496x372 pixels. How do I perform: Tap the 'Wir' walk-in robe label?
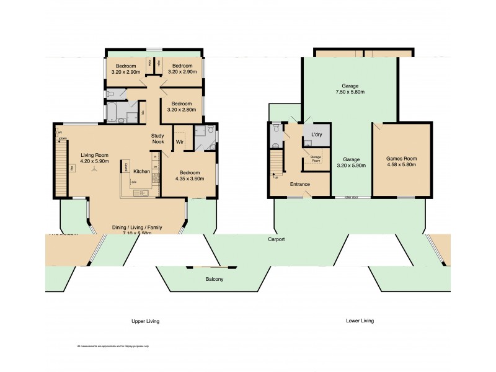tap(179, 142)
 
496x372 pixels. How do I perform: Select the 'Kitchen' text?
tap(142, 171)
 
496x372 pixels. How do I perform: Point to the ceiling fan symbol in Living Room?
tap(94, 169)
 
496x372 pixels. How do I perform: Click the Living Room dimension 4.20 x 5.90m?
tap(95, 161)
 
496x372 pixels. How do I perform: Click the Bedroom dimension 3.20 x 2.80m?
tap(182, 110)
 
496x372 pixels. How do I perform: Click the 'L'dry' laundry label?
tap(316, 135)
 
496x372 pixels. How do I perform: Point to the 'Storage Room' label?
tap(315, 159)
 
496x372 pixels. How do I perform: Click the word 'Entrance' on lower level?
tap(300, 184)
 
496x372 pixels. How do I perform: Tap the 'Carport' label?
tap(277, 239)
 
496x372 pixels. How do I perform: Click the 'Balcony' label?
tap(215, 280)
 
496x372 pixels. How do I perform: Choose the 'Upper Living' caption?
tap(146, 321)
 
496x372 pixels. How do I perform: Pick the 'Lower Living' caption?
tap(360, 321)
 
